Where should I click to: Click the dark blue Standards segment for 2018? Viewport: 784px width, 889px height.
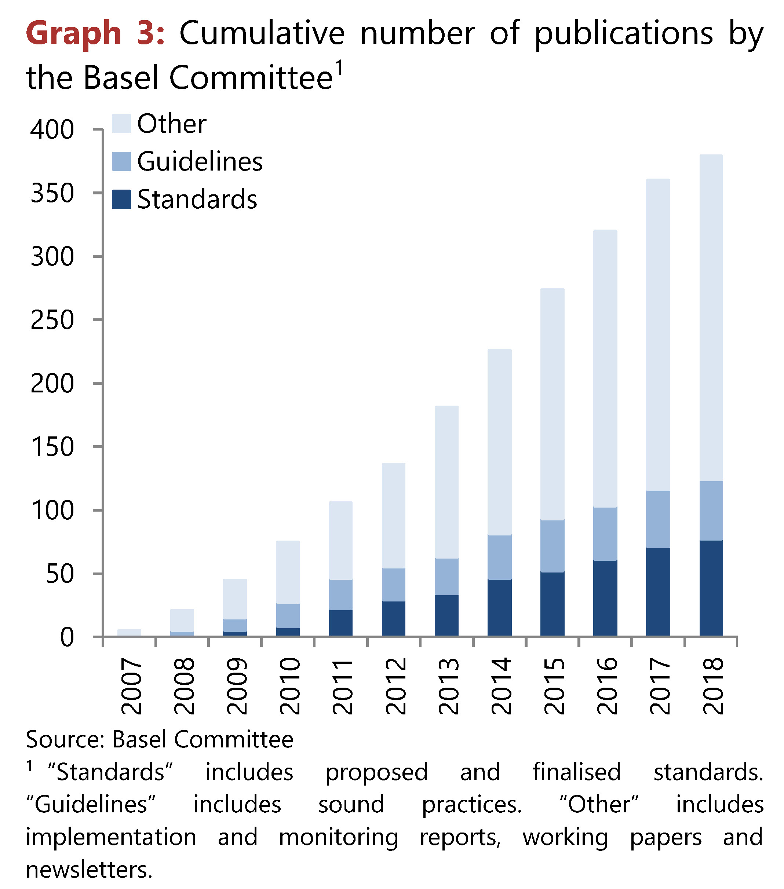(711, 588)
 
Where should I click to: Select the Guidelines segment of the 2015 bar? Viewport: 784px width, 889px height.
(552, 546)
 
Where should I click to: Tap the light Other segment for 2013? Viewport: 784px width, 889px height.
(446, 482)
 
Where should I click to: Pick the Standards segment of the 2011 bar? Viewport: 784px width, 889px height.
(341, 623)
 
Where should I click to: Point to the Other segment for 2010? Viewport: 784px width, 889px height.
(288, 572)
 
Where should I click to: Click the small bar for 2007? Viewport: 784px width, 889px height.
(129, 633)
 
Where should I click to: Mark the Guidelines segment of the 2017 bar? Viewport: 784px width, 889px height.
(658, 519)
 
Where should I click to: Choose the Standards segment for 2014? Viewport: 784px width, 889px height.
(499, 608)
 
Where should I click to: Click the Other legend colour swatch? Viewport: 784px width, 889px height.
(121, 124)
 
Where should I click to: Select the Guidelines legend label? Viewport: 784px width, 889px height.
(200, 162)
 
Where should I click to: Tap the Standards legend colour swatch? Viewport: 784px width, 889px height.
(121, 199)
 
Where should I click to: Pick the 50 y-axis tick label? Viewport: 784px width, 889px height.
(60, 574)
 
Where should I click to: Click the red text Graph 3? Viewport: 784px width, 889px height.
(95, 33)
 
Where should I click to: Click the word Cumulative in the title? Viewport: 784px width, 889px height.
(262, 33)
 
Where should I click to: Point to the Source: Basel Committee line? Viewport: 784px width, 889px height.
(159, 739)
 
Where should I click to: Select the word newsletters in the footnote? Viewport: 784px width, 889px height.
(89, 870)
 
